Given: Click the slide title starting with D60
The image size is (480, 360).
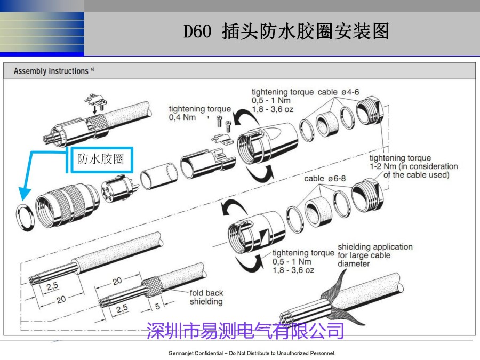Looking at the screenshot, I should click(286, 32).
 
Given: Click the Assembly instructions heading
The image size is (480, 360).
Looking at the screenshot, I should click(51, 71).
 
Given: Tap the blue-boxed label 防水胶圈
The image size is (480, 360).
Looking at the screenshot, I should click(100, 159).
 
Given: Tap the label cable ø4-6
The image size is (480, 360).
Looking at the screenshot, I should click(338, 92).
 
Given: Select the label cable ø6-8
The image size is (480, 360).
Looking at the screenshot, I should click(325, 178).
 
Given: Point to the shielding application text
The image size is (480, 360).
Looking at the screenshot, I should click(374, 247).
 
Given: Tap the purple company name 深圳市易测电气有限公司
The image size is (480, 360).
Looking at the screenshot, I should click(245, 331).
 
